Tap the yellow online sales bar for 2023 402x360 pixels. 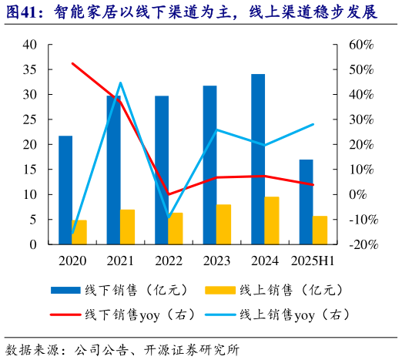tap(223, 224)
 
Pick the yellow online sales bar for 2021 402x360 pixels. tap(127, 227)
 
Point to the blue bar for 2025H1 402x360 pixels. tap(306, 201)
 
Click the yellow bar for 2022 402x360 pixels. tap(176, 228)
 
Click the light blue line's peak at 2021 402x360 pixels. tap(120, 82)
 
